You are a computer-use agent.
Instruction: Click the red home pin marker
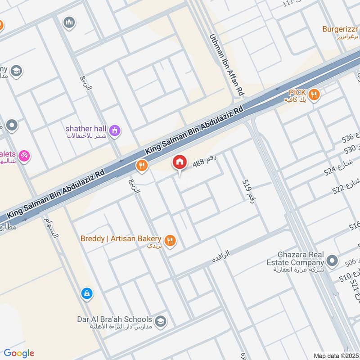pyautogui.click(x=180, y=162)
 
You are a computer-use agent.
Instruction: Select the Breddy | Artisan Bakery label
pyautogui.click(x=121, y=238)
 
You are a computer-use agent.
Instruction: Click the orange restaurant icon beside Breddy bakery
pyautogui.click(x=170, y=241)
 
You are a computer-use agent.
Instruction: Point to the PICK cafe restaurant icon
pyautogui.click(x=315, y=95)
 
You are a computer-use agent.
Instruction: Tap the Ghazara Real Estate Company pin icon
pyautogui.click(x=332, y=260)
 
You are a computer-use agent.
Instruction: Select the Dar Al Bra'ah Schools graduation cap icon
pyautogui.click(x=159, y=322)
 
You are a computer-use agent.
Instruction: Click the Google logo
pyautogui.click(x=19, y=353)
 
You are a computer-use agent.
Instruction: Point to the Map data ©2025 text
pyautogui.click(x=336, y=355)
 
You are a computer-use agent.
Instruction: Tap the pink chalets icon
pyautogui.click(x=23, y=156)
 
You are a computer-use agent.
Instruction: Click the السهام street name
pyautogui.click(x=51, y=229)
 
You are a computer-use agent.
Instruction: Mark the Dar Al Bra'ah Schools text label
pyautogui.click(x=114, y=319)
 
